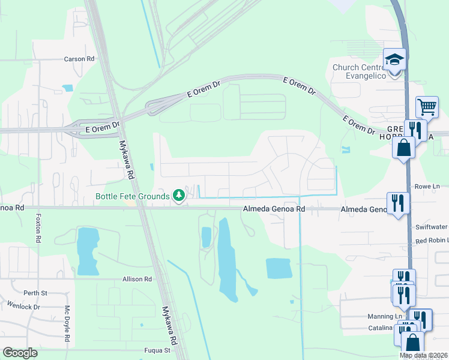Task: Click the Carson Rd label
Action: (80, 59)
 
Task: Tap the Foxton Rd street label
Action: (38, 228)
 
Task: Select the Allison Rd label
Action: (137, 279)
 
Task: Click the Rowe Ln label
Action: (428, 187)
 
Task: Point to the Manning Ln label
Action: (385, 316)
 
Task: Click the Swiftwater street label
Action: (432, 227)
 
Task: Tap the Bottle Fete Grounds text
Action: (132, 196)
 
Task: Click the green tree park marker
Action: (178, 196)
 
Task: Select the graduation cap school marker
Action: (394, 61)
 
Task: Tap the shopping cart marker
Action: (427, 108)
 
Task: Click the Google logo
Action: (20, 353)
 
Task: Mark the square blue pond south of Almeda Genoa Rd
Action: (279, 269)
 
